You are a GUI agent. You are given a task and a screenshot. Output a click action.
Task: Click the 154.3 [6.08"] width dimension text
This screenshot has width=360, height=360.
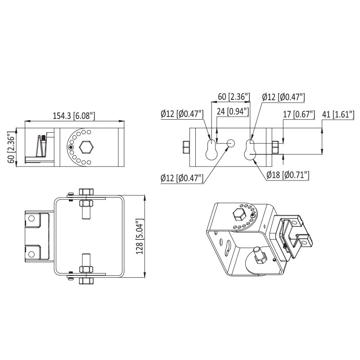pos(74,116)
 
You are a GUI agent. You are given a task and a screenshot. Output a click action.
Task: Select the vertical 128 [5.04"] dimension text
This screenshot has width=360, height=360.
pos(139,236)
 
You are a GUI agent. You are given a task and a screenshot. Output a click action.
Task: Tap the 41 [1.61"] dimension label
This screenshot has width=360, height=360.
pos(338,114)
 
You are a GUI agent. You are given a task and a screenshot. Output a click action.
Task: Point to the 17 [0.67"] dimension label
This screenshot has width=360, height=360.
pos(299,114)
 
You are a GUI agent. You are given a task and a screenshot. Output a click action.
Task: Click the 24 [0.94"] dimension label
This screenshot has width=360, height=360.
pos(233,112)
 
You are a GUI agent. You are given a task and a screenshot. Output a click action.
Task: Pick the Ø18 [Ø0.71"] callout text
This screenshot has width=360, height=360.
pos(288,175)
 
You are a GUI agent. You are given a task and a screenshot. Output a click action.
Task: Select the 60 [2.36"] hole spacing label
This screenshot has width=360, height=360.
pos(234,97)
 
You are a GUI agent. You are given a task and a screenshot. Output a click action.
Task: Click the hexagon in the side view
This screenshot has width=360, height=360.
pos(86,147)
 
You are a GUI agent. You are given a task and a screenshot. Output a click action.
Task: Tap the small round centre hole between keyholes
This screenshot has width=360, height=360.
pos(231,144)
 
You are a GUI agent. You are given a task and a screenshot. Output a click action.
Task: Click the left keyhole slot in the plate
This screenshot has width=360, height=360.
pos(211,150)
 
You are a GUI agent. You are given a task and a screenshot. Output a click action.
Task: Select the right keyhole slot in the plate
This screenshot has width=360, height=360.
pos(250,150)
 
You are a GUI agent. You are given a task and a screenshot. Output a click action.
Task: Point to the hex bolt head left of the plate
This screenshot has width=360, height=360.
pos(186,148)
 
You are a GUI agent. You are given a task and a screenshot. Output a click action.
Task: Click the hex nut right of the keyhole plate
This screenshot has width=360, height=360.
pos(275,148)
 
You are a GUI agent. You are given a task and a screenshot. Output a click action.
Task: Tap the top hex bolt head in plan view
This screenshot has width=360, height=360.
pos(86,192)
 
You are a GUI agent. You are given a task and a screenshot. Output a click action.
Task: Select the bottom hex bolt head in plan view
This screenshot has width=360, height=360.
pos(86,281)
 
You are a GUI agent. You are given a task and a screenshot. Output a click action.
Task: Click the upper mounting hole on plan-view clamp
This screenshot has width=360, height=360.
pos(31,218)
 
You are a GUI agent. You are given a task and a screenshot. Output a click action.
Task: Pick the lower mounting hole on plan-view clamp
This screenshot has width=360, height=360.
pos(31,254)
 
